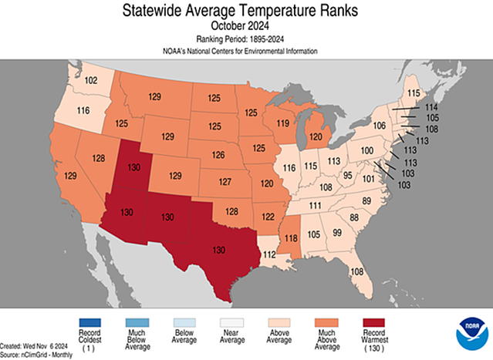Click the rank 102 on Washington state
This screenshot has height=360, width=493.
[91, 81]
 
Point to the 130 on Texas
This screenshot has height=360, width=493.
[219, 251]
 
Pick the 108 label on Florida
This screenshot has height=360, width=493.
[357, 271]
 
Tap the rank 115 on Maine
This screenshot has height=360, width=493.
[414, 93]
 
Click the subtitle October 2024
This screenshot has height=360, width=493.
[246, 25]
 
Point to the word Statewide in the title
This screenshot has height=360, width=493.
[157, 11]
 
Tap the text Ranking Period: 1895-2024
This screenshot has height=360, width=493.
[246, 39]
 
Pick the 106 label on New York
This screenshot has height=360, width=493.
[379, 126]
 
